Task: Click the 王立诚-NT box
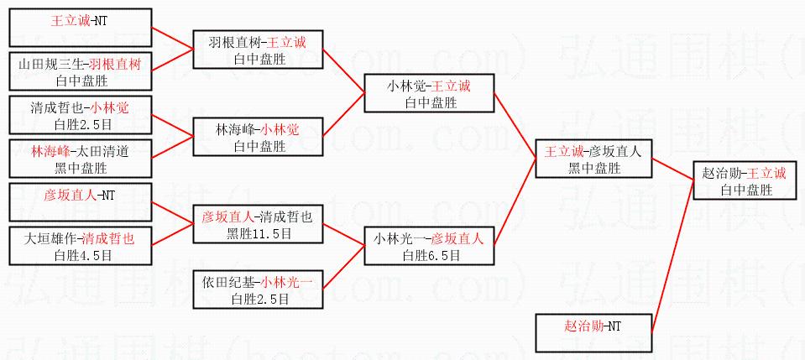tap(81, 28)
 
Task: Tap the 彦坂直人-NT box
tap(81, 202)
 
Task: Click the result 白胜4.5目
tap(81, 254)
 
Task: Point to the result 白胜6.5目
tap(430, 254)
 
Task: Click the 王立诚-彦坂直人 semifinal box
tap(593, 159)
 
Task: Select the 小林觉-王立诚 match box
tap(429, 93)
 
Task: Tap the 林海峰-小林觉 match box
tap(258, 137)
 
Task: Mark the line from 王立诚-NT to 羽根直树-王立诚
tap(173, 37)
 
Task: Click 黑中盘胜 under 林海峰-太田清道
tap(81, 168)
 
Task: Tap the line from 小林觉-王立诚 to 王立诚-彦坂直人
tap(515, 125)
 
